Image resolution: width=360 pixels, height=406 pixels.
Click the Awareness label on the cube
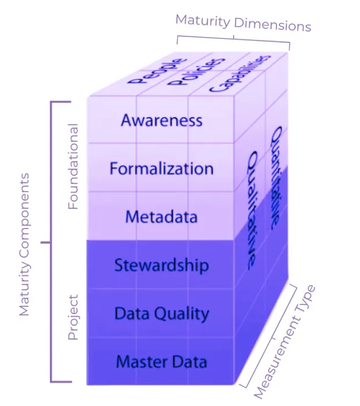pyautogui.click(x=161, y=120)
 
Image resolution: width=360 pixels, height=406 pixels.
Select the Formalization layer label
pyautogui.click(x=161, y=169)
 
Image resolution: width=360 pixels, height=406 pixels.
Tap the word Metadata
pyautogui.click(x=161, y=217)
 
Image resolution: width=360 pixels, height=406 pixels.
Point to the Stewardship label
pyautogui.click(x=161, y=265)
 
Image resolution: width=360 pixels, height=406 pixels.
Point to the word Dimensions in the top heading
pyautogui.click(x=272, y=25)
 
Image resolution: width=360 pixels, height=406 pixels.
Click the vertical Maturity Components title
pyautogui.click(x=24, y=243)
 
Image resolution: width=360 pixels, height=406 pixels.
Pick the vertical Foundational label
pyautogui.click(x=74, y=167)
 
